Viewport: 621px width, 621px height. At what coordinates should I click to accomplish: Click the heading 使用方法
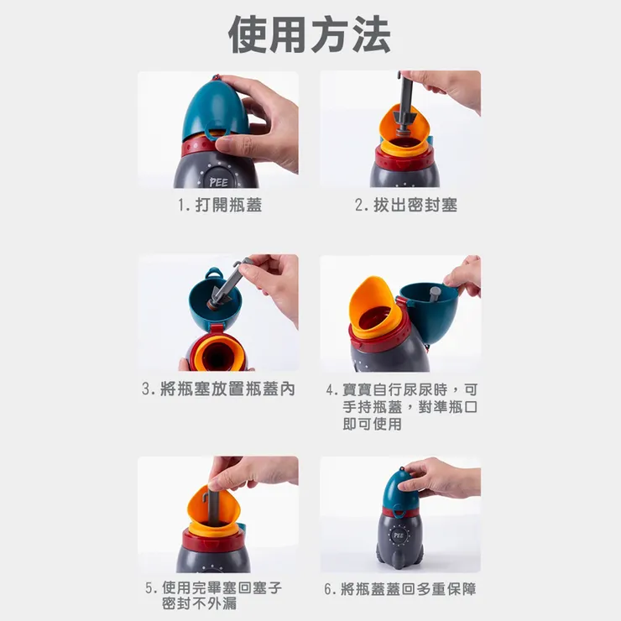[310, 34]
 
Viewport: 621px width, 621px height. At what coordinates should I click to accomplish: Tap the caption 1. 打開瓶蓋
[218, 205]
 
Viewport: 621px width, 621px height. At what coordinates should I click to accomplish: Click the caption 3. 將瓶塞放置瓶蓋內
[218, 389]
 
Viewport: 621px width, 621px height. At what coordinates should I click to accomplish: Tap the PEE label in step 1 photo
[217, 180]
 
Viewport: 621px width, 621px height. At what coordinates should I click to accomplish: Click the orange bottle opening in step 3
[219, 351]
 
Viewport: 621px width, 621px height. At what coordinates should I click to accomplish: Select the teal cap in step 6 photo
[399, 492]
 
